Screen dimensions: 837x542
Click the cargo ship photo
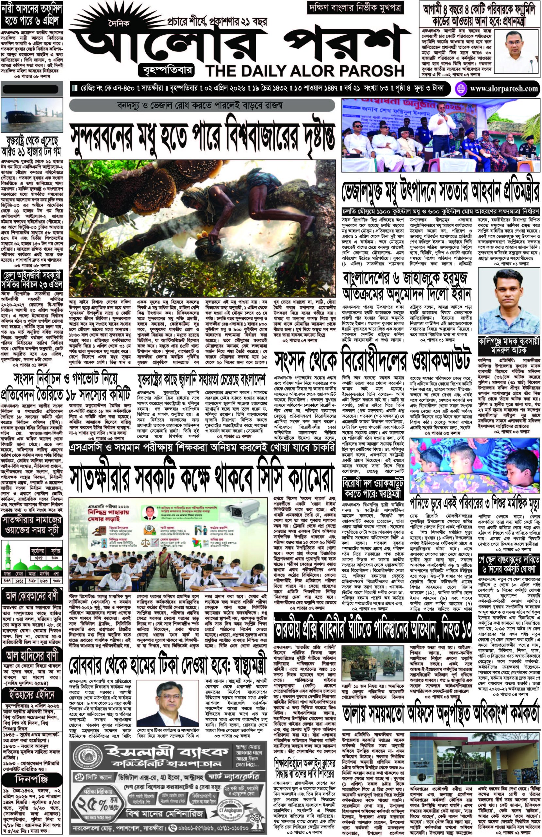[x=32, y=115]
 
